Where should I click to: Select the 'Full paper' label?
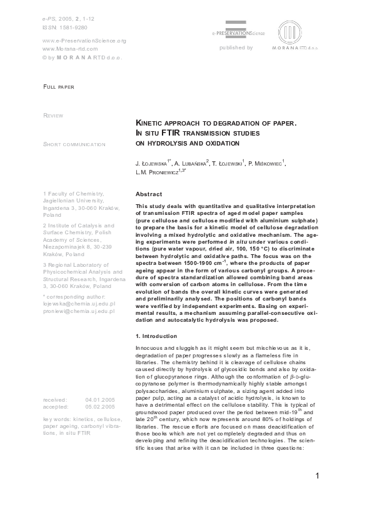[x=58, y=87]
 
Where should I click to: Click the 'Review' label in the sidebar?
[x=53, y=116]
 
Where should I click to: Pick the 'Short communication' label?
[x=74, y=144]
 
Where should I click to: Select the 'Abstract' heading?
[x=149, y=194]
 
